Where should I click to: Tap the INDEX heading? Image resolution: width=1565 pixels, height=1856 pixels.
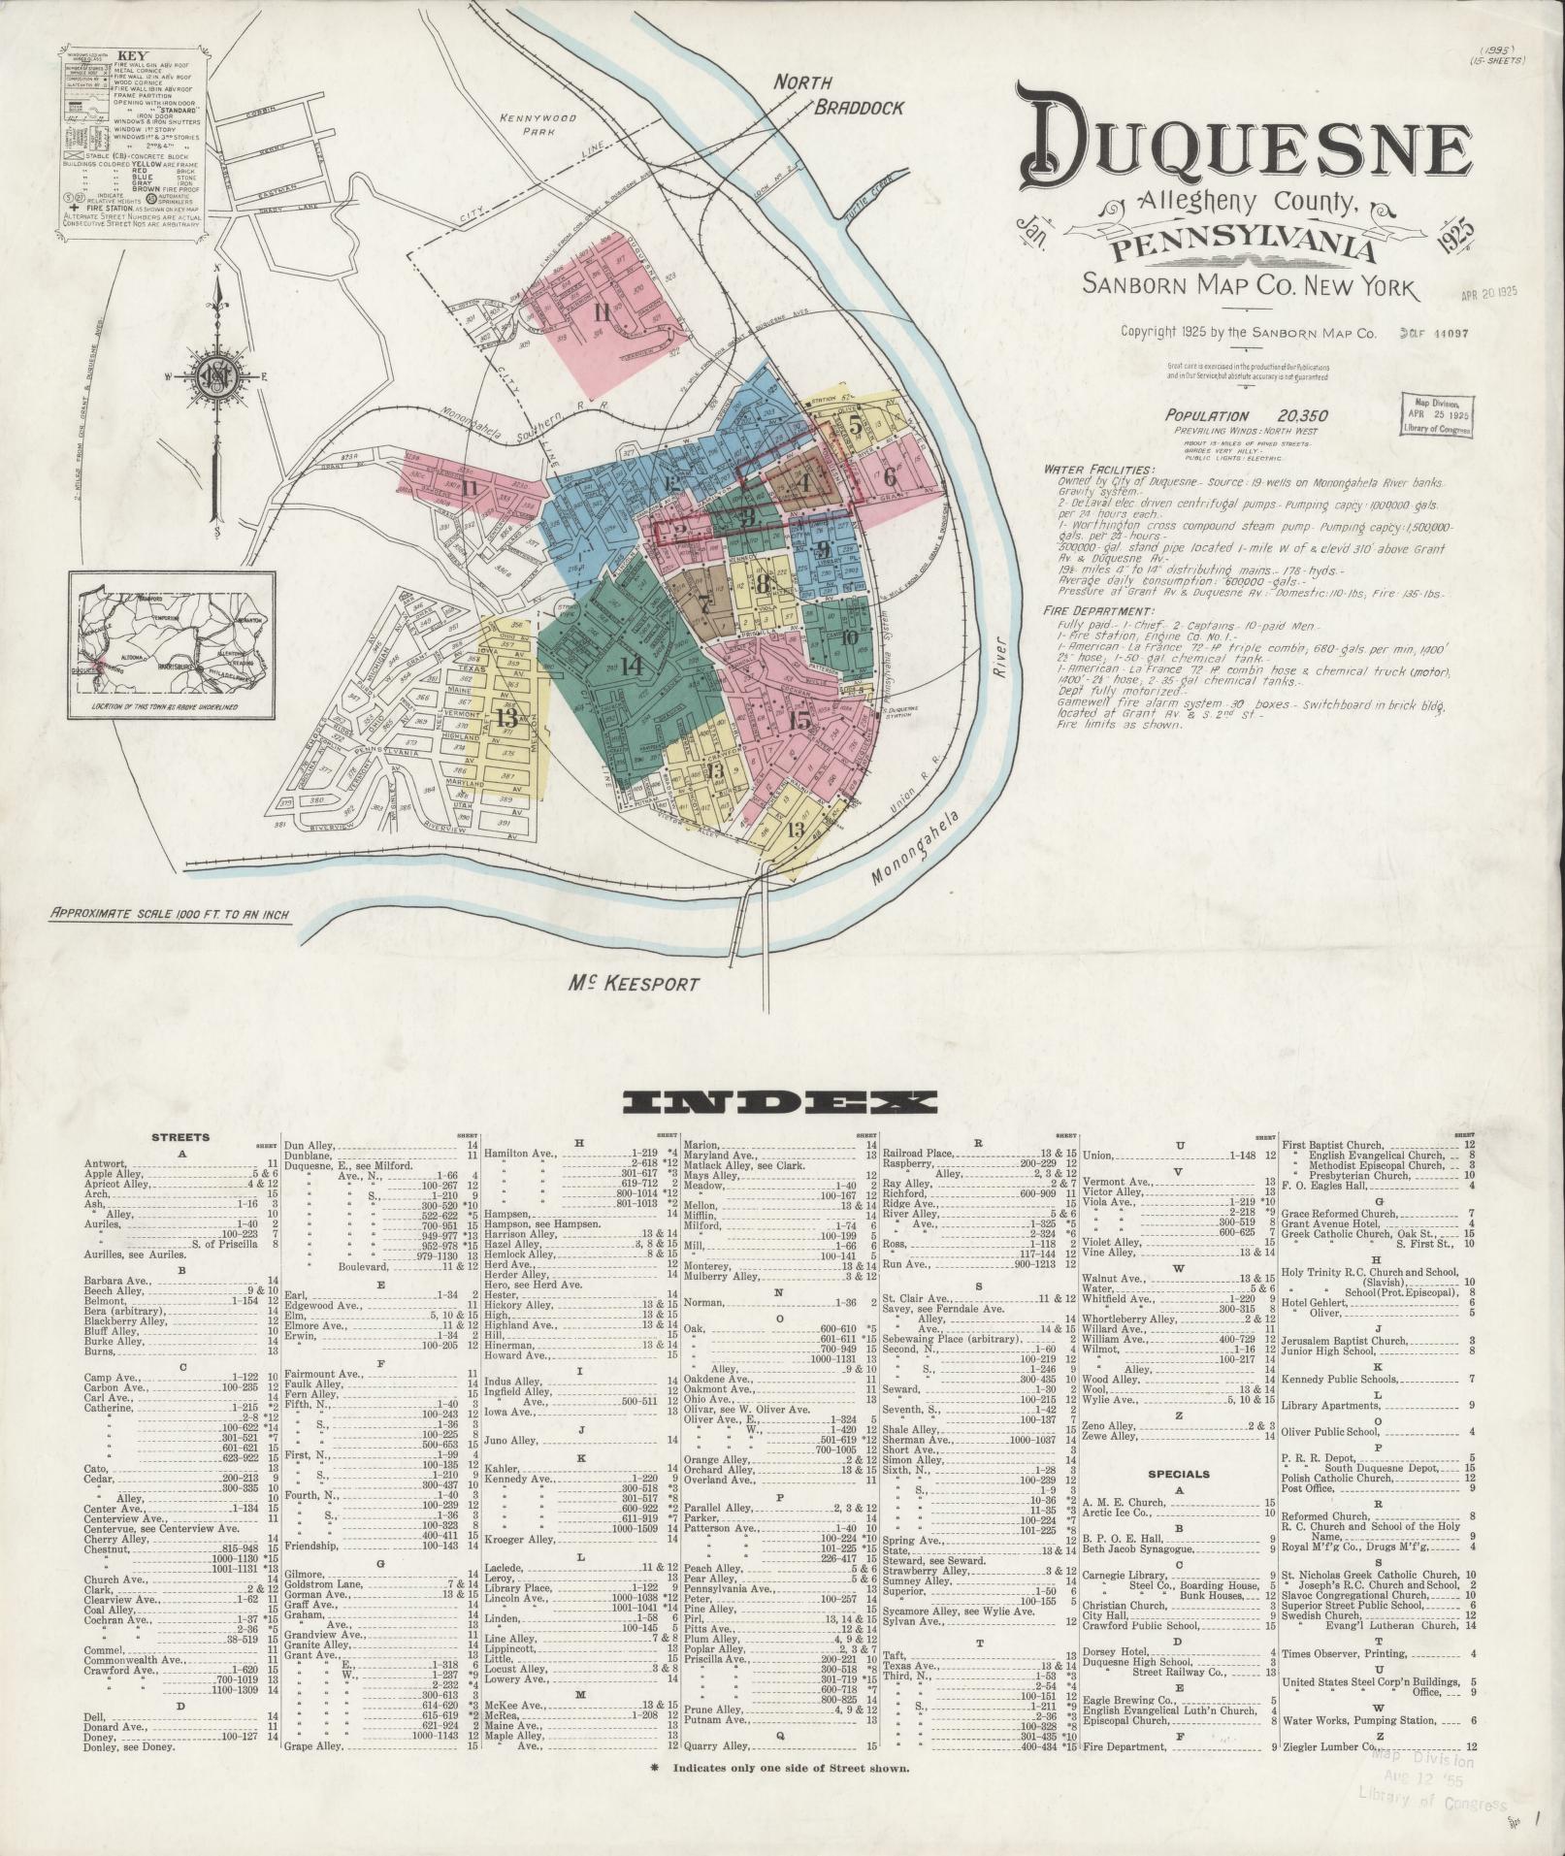click(781, 1100)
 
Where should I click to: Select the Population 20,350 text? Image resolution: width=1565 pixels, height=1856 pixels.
click(1246, 416)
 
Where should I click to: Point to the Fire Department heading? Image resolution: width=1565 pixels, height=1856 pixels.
click(1097, 612)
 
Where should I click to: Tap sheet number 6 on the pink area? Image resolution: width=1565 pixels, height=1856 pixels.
click(889, 477)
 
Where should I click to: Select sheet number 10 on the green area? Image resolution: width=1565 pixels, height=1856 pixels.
click(850, 637)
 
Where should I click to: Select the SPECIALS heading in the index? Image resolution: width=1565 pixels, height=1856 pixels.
click(1178, 1473)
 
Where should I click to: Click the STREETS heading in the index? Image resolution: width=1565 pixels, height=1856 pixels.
click(180, 1137)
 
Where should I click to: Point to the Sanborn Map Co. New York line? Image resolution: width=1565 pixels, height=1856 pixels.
click(1249, 287)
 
